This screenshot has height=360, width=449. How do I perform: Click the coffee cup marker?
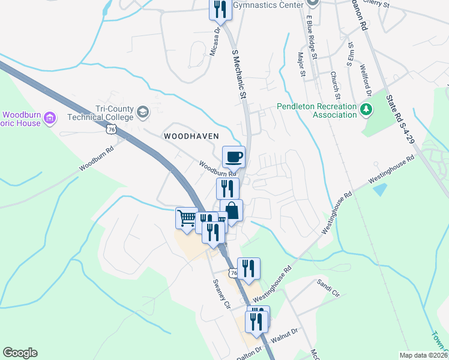[x=234, y=157]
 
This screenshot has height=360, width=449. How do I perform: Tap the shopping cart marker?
[x=187, y=217]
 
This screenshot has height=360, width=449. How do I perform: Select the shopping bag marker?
[x=232, y=211]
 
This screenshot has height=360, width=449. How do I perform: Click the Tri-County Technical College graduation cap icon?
[x=143, y=112]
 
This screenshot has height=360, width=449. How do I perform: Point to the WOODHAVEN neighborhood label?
[x=191, y=136]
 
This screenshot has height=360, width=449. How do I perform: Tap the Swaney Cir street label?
[x=219, y=293]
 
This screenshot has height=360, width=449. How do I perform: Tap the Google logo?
[x=20, y=353]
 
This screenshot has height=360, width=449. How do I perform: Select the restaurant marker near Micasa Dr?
[x=220, y=8]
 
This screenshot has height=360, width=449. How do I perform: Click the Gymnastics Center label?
[x=274, y=5]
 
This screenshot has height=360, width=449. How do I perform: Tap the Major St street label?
[x=302, y=64]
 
